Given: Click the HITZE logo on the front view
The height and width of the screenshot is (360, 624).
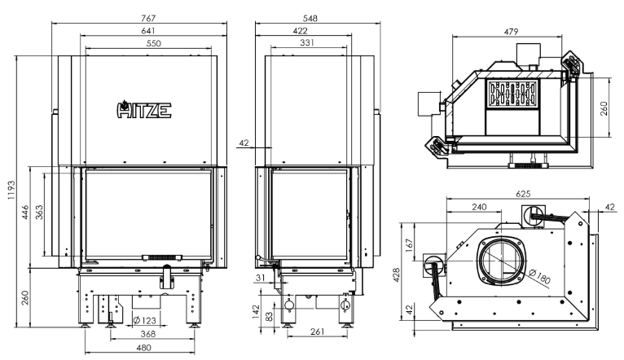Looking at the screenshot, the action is pos(144,110).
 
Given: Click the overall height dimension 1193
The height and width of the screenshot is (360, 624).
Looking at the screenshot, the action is pos(11,190).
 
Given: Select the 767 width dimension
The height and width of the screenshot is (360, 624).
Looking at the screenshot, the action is pos(148,18).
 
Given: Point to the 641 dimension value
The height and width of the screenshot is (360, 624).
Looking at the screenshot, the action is pos(148,31).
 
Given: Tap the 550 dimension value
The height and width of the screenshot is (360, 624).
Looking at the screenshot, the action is pos(154,43).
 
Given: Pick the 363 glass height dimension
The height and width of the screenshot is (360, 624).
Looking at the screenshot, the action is pos(39,212).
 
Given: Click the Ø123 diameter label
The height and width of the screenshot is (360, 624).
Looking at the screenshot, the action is pos(144,320).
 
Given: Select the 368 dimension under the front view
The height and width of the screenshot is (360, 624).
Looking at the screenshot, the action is pos(148,334).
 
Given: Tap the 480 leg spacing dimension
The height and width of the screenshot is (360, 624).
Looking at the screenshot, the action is pos(143,348).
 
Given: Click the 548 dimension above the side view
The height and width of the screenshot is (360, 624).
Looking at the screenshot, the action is pos(310,18).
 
